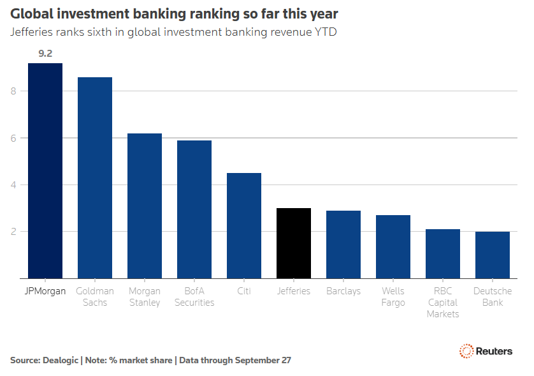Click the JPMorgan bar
point(45,171)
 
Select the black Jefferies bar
point(294,243)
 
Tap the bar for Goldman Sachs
point(95,177)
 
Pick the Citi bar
point(244,226)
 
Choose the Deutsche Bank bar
point(493,255)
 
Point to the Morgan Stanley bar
point(145,206)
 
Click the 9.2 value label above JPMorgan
point(45,54)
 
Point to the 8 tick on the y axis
point(13,91)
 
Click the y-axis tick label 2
point(13,232)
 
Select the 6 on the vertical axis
point(13,138)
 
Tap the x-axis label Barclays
point(343,291)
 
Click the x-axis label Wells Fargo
point(393,297)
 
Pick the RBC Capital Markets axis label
point(443,303)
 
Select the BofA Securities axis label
point(194,297)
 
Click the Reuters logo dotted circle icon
point(466,351)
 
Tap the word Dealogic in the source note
point(61,360)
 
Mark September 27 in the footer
point(263,360)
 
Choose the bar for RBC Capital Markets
point(443,254)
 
